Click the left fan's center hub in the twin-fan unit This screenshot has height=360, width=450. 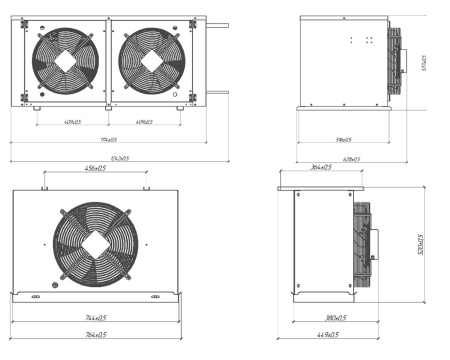click(68, 60)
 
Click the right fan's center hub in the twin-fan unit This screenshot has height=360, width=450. click(150, 60)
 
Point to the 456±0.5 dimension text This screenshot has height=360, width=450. click(96, 168)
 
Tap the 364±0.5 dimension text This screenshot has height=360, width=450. click(320, 168)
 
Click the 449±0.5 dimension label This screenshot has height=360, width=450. click(325, 335)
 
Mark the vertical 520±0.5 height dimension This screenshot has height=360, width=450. click(421, 245)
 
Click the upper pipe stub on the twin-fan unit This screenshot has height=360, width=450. click(217, 17)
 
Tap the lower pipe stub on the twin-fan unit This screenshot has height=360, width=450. click(217, 92)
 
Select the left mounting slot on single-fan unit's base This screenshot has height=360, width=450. click(36, 297)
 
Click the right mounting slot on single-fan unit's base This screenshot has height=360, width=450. click(155, 297)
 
